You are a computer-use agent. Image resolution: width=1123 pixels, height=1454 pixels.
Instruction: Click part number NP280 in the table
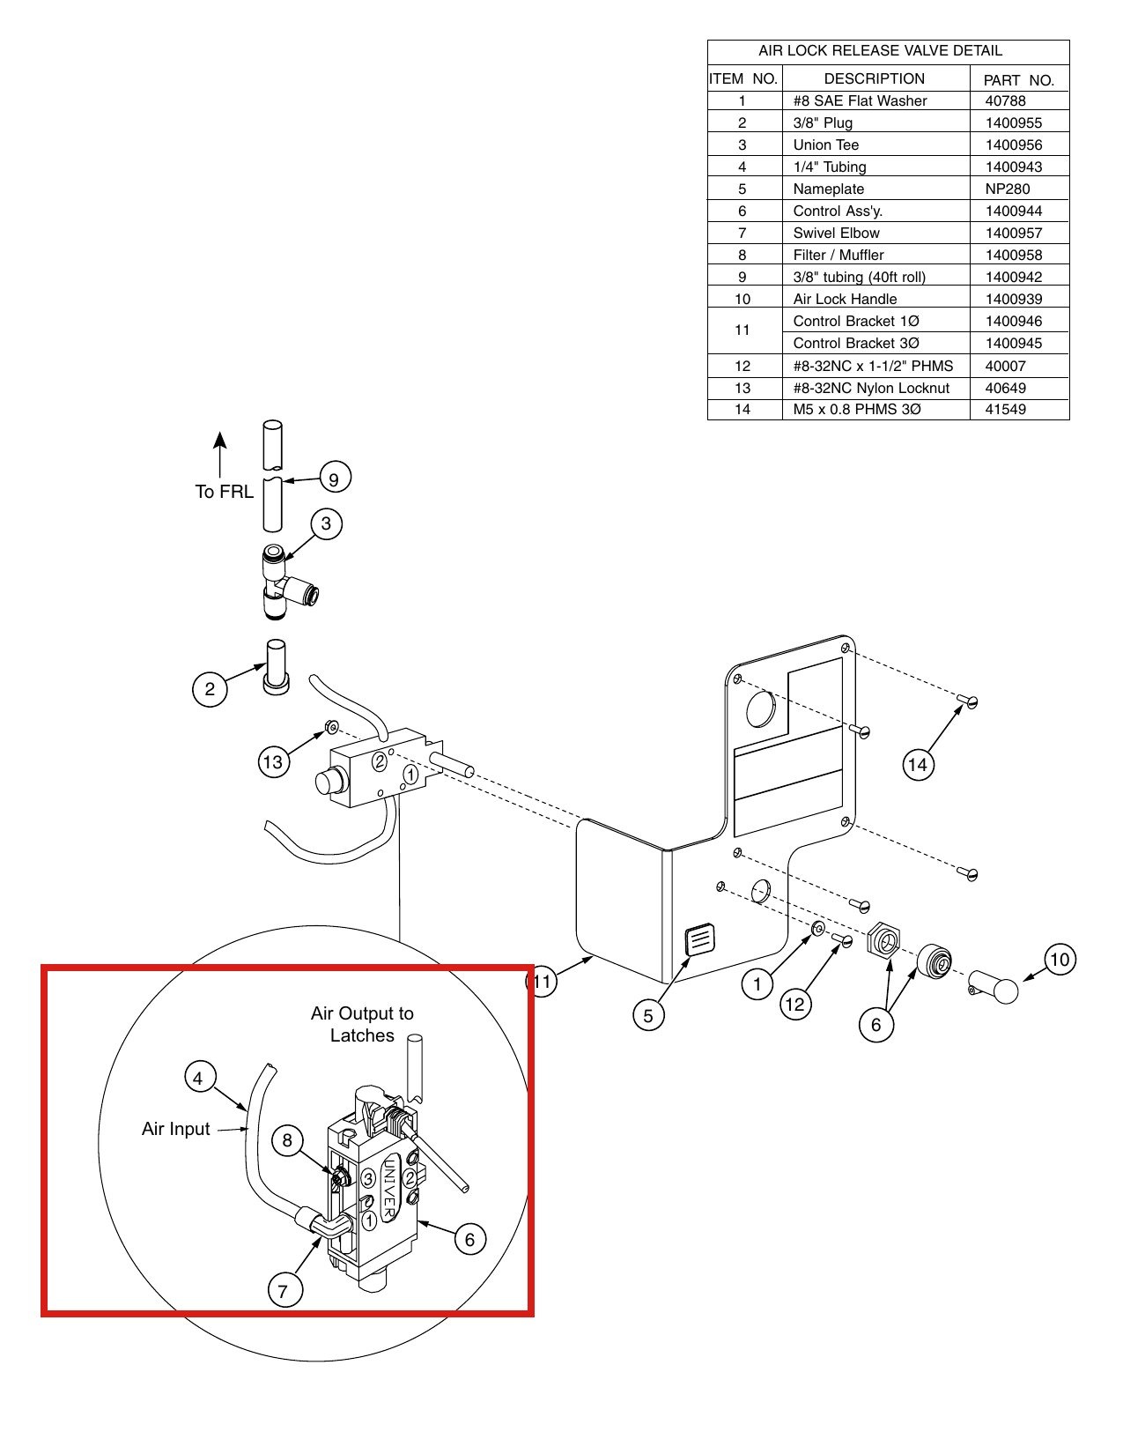(1007, 189)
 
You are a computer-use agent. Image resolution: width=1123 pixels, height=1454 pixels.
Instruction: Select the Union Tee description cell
(825, 145)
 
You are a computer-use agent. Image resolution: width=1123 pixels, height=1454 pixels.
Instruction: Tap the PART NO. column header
(1018, 80)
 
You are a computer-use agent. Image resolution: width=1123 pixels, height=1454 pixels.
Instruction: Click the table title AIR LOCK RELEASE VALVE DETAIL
(880, 50)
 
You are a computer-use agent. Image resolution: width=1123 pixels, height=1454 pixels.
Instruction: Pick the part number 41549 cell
(1005, 409)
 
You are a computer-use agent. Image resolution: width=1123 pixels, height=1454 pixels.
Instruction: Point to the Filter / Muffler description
(839, 255)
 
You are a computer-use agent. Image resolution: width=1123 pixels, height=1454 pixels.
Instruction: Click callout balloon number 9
(334, 478)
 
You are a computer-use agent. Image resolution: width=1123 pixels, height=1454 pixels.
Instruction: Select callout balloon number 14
(918, 764)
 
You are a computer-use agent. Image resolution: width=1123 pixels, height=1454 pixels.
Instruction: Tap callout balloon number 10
(1060, 960)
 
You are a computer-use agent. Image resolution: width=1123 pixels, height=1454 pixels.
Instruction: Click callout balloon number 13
(274, 761)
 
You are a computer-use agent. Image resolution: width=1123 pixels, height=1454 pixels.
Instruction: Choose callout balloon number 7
(284, 1290)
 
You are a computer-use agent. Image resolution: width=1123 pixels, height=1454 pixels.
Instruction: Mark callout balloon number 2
(210, 689)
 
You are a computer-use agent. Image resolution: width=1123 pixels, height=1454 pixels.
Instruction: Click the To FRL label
(224, 492)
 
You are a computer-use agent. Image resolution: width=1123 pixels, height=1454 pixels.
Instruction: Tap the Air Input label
(176, 1130)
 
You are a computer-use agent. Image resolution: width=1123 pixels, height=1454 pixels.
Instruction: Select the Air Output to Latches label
(362, 1025)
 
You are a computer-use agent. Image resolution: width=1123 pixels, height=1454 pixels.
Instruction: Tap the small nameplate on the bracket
(699, 939)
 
